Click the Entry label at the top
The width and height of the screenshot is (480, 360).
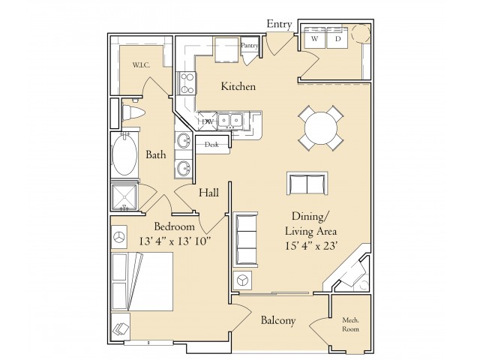click(279, 24)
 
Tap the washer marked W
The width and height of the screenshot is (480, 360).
click(314, 38)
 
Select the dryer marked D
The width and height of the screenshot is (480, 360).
click(337, 38)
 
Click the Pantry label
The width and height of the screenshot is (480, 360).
click(249, 45)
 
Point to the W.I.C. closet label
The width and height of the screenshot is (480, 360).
click(141, 65)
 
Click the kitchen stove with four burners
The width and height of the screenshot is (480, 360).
click(186, 83)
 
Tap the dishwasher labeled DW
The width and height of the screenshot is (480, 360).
click(208, 121)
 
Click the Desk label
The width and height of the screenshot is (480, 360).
click(211, 145)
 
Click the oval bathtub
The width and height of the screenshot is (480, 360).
click(124, 154)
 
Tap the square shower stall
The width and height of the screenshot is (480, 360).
click(124, 198)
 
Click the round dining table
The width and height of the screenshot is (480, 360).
click(321, 128)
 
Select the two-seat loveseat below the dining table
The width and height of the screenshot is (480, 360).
click(307, 183)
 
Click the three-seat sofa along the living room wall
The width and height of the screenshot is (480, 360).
click(245, 238)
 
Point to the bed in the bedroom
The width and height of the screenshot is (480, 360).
click(142, 281)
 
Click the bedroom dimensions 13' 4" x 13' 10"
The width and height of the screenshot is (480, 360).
click(175, 241)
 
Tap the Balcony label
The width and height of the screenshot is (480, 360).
click(278, 320)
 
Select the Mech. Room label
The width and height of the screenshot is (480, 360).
click(350, 325)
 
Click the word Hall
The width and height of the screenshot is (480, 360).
click(208, 193)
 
